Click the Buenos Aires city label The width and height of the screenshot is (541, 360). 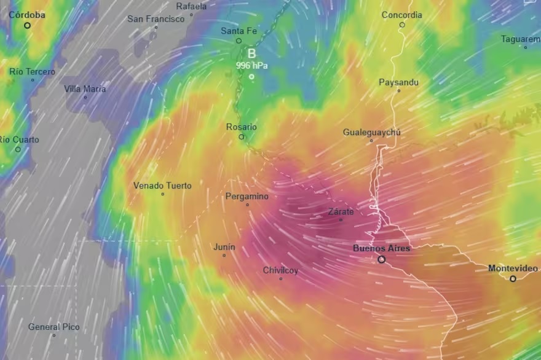click(381, 248)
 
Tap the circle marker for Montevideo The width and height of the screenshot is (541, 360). click(513, 278)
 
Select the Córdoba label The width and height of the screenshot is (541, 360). click(26, 15)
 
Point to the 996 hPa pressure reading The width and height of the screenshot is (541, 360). click(251, 65)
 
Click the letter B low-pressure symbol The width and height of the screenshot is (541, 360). click(251, 53)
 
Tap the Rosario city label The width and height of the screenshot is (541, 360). click(241, 127)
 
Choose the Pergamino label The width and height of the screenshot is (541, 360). click(247, 197)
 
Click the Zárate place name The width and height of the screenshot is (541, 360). click(341, 212)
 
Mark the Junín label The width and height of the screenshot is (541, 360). click(224, 247)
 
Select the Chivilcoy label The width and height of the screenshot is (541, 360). click(280, 270)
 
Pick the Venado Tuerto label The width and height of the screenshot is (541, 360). click(162, 186)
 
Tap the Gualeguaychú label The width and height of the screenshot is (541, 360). click(371, 133)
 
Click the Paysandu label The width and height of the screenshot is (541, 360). click(398, 82)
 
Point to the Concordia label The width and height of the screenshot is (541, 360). click(401, 15)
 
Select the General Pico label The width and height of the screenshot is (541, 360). click(53, 327)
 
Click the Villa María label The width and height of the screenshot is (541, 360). click(85, 89)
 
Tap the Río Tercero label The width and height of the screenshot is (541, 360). click(32, 72)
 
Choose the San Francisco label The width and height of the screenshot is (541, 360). click(156, 19)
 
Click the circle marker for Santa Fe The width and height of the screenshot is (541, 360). click(239, 41)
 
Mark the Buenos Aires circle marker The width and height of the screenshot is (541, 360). click(381, 259)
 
